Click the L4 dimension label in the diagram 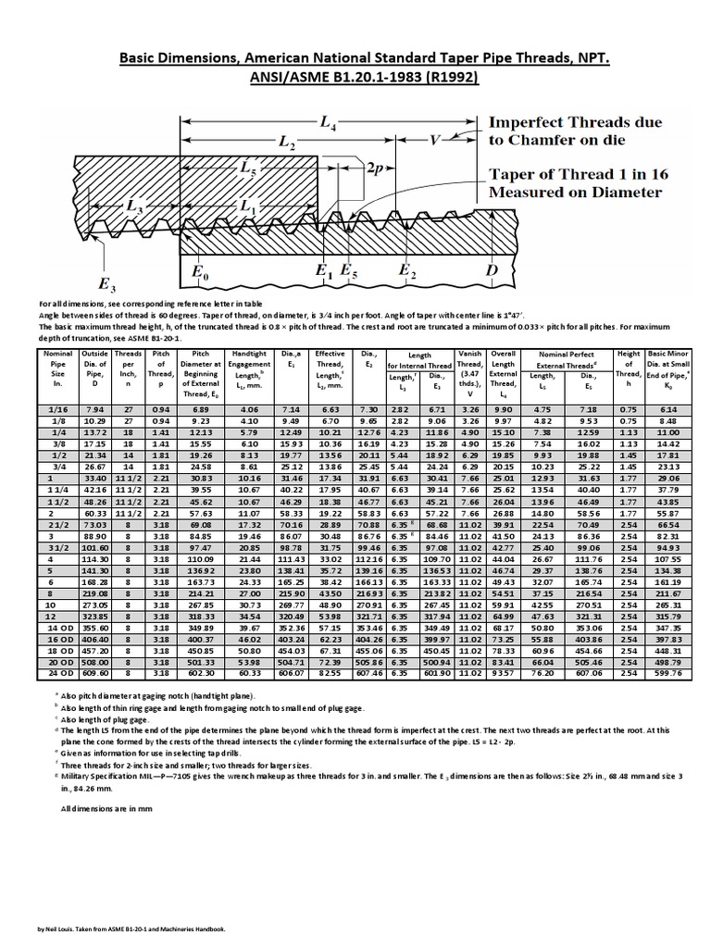coord(328,122)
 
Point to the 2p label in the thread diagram coord(376,169)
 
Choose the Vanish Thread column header coord(468,368)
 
